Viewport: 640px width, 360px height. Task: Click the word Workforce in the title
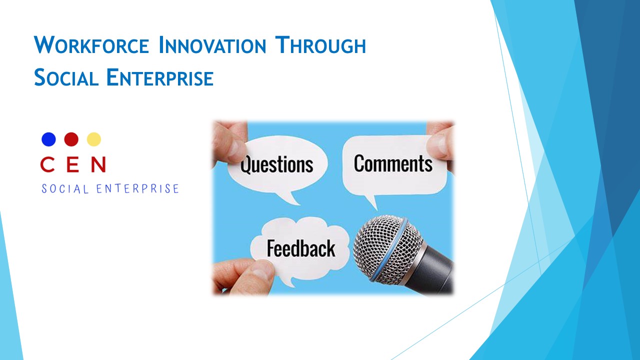pyautogui.click(x=91, y=45)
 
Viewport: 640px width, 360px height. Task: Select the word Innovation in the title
pyautogui.click(x=212, y=45)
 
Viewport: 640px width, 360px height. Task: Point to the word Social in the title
pyautogui.click(x=66, y=77)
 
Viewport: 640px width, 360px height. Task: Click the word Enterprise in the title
pyautogui.click(x=160, y=77)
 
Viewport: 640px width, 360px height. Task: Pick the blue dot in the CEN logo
pyautogui.click(x=48, y=139)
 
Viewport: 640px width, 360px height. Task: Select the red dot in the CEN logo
pyautogui.click(x=71, y=139)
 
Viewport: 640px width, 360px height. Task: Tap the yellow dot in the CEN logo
pyautogui.click(x=93, y=139)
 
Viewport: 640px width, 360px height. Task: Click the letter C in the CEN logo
pyautogui.click(x=47, y=164)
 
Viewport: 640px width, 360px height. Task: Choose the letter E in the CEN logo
pyautogui.click(x=72, y=164)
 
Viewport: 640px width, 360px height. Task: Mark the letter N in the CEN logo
pyautogui.click(x=98, y=164)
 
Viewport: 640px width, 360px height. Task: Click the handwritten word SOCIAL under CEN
pyautogui.click(x=65, y=189)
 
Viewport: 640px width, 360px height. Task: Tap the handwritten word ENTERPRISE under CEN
pyautogui.click(x=137, y=189)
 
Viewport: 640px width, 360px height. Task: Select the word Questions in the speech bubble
pyautogui.click(x=276, y=165)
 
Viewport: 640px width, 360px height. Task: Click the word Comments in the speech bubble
pyautogui.click(x=393, y=163)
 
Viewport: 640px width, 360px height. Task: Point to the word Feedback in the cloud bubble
pyautogui.click(x=301, y=248)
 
